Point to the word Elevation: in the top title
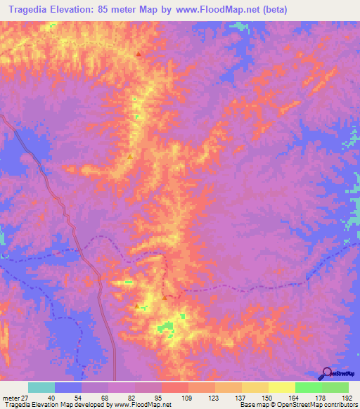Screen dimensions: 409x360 coord(87,11)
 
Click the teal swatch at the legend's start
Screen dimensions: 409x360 coord(41,387)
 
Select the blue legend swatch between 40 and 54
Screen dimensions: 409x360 coord(68,387)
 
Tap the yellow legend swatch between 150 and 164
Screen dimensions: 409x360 coord(281,387)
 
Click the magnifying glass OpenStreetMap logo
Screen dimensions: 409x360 coord(327,373)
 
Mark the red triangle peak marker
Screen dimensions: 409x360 coord(139,55)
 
